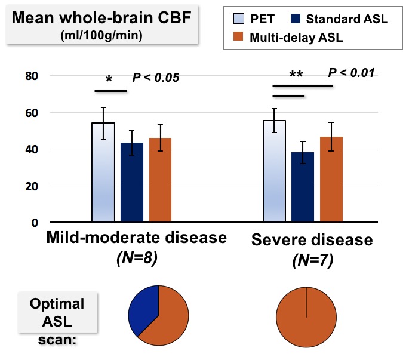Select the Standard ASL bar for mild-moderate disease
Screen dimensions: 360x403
click(x=131, y=182)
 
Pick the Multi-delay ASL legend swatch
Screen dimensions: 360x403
click(x=236, y=38)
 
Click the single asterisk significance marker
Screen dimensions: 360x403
click(x=109, y=80)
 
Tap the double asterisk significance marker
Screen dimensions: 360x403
click(x=296, y=75)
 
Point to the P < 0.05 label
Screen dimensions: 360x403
click(x=156, y=78)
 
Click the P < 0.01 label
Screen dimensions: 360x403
click(x=351, y=73)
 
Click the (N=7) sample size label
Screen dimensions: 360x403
click(x=312, y=260)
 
